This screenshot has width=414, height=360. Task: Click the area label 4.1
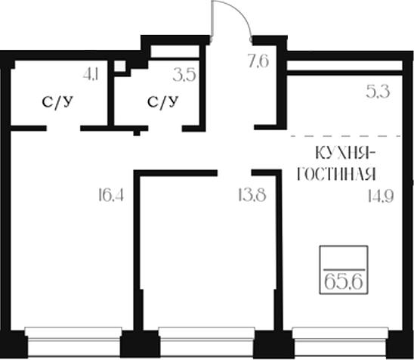point(91,75)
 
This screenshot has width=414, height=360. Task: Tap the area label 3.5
point(184,75)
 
